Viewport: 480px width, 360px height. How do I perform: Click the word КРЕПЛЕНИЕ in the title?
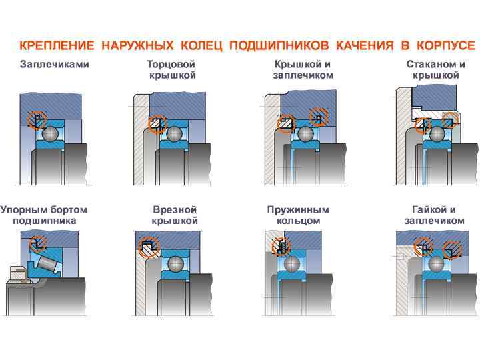tap(57, 46)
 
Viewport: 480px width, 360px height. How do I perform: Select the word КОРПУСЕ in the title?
tap(446, 46)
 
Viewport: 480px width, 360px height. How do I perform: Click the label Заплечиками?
tap(54, 65)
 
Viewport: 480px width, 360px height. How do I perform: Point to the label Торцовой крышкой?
tap(172, 70)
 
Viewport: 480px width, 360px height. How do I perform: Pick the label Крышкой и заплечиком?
tap(303, 70)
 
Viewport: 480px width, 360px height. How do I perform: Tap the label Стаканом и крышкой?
tap(436, 70)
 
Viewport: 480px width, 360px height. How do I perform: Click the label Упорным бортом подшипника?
tap(45, 215)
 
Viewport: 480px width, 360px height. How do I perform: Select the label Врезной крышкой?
tap(175, 215)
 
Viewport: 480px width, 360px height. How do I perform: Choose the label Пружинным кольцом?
tap(298, 215)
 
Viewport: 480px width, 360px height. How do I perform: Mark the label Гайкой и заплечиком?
tap(434, 215)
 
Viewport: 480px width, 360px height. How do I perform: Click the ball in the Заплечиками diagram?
tap(51, 135)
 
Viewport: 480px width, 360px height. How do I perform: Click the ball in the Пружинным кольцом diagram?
tap(293, 263)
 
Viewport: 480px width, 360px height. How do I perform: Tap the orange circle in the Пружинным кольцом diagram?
tap(282, 247)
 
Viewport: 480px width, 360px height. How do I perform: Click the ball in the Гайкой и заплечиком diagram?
tap(437, 263)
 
